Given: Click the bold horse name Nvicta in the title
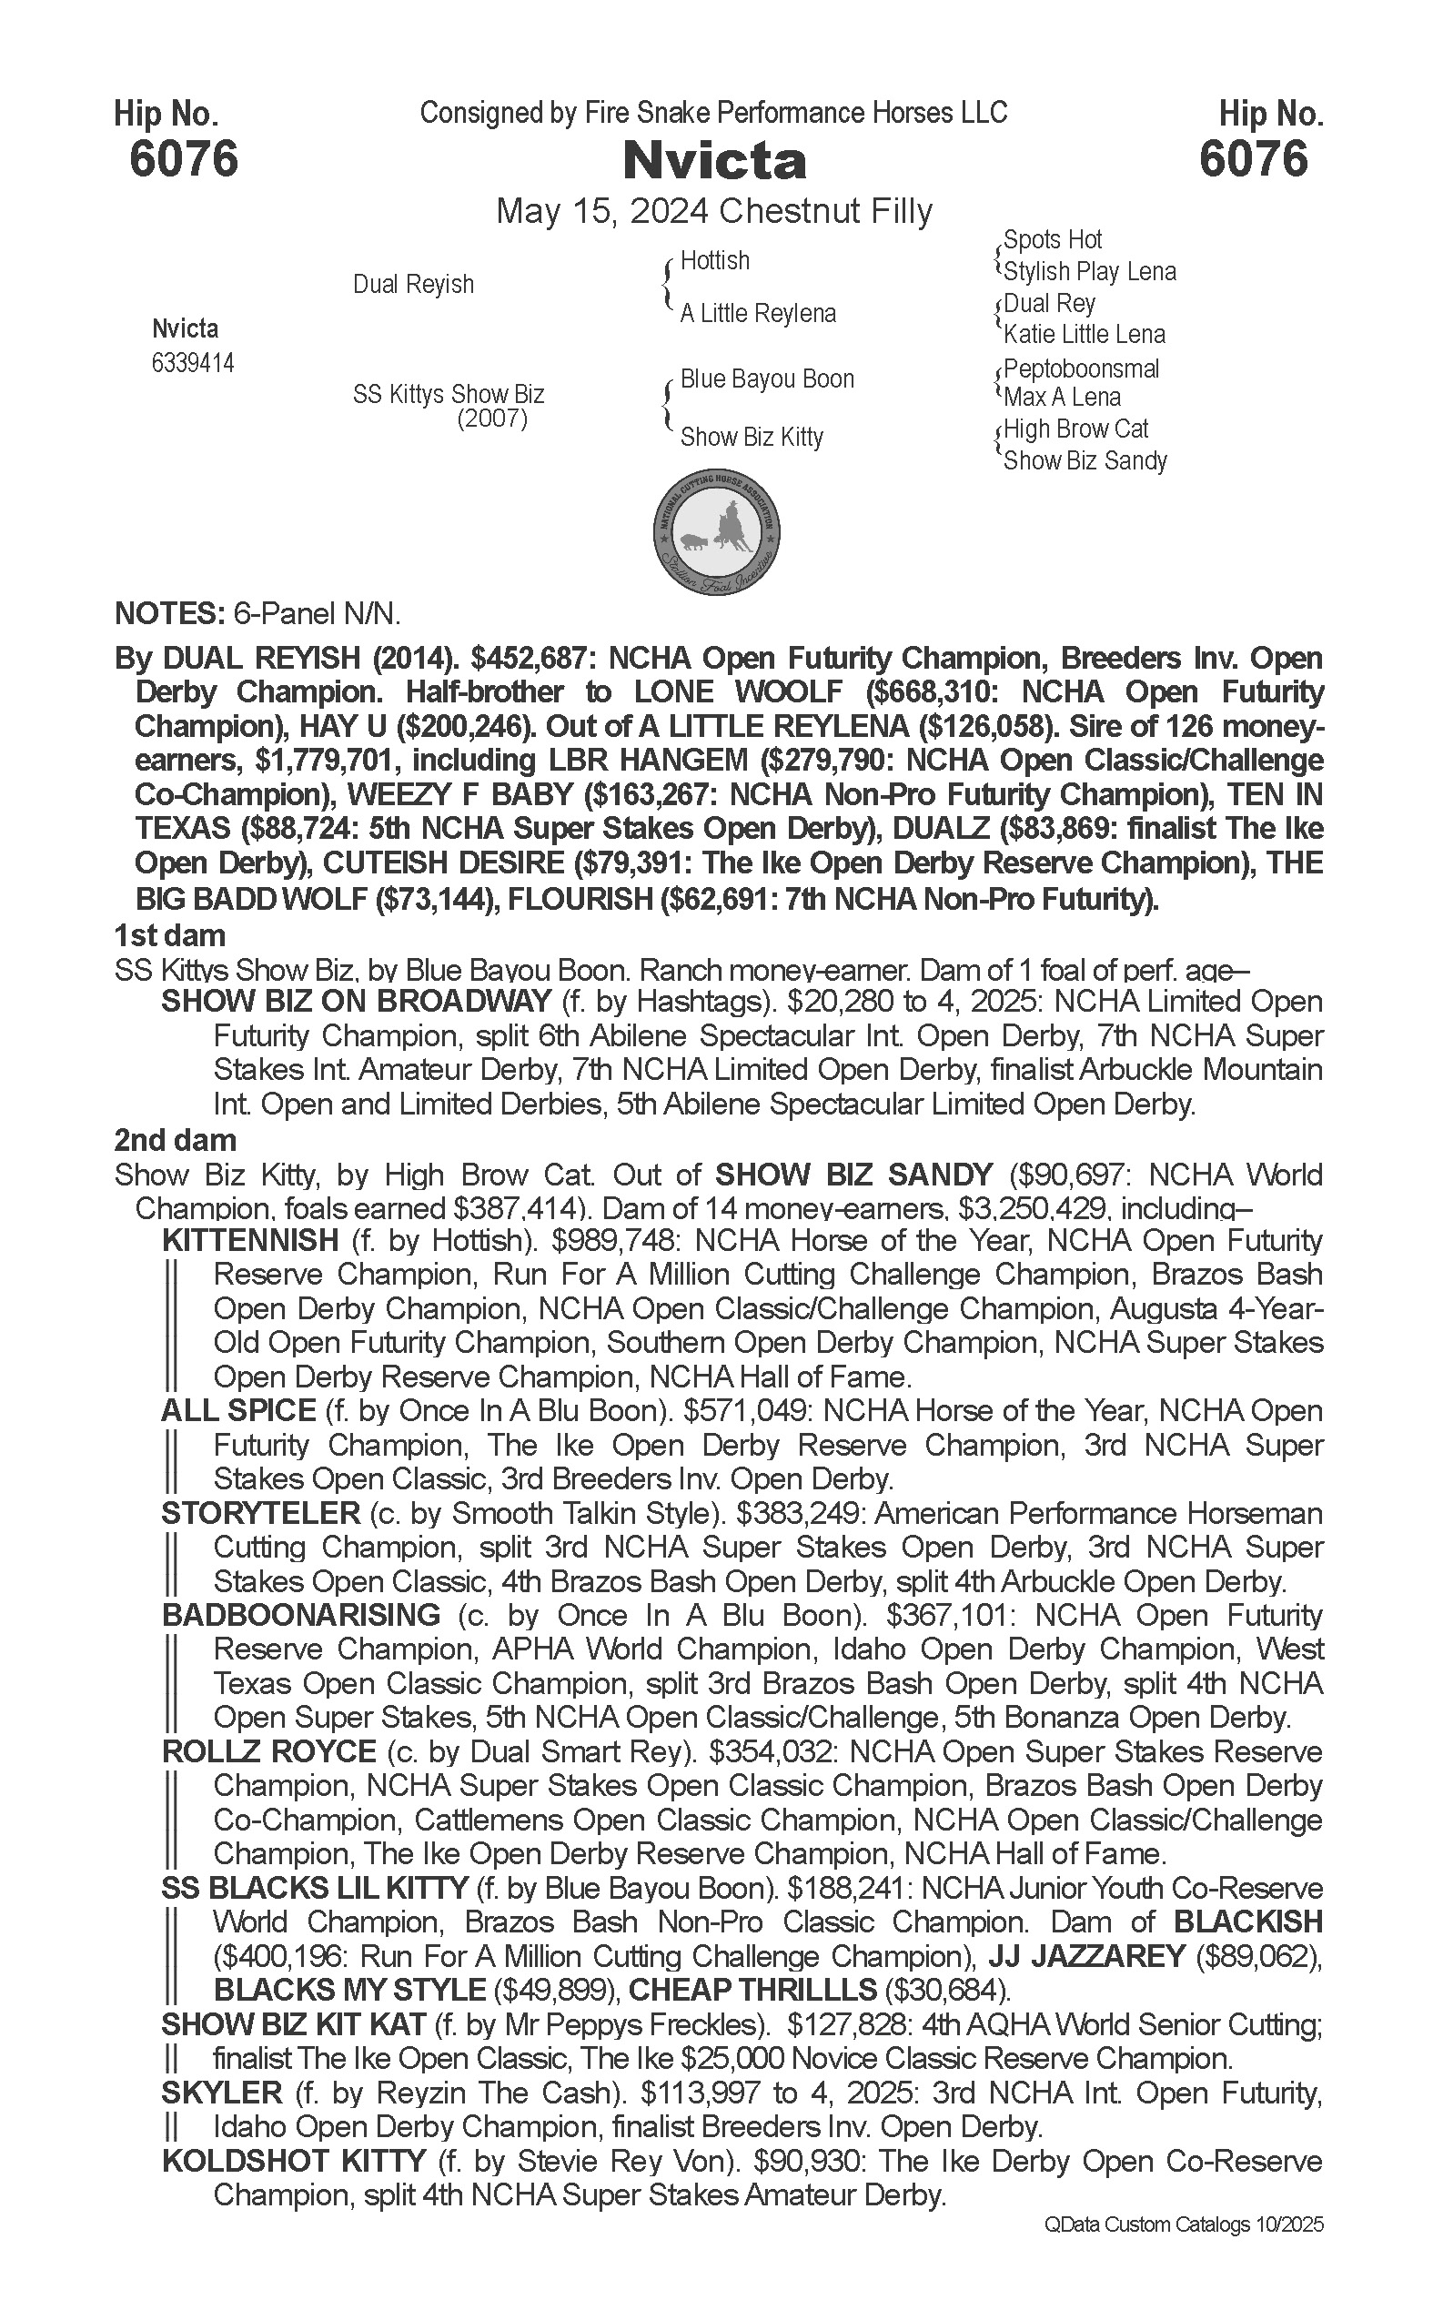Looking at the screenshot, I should click(x=714, y=162).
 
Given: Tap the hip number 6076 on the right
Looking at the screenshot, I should click(x=1253, y=158).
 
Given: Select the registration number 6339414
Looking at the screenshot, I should click(x=193, y=363).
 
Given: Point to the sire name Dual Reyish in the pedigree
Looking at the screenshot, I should click(x=413, y=284).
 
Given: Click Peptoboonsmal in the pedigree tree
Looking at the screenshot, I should click(x=1082, y=368).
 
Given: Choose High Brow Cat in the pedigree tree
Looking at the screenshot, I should click(x=1075, y=429).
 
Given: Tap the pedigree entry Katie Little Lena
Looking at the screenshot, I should click(x=1085, y=335).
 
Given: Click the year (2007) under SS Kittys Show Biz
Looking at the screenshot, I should click(x=492, y=419).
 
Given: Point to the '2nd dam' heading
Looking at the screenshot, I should click(x=176, y=1140).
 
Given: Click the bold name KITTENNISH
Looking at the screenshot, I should click(x=250, y=1241).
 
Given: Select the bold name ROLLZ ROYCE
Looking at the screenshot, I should click(x=269, y=1751).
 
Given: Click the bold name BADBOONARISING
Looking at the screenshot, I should click(x=301, y=1615).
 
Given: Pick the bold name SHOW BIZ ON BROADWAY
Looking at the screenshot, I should click(x=357, y=1002).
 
